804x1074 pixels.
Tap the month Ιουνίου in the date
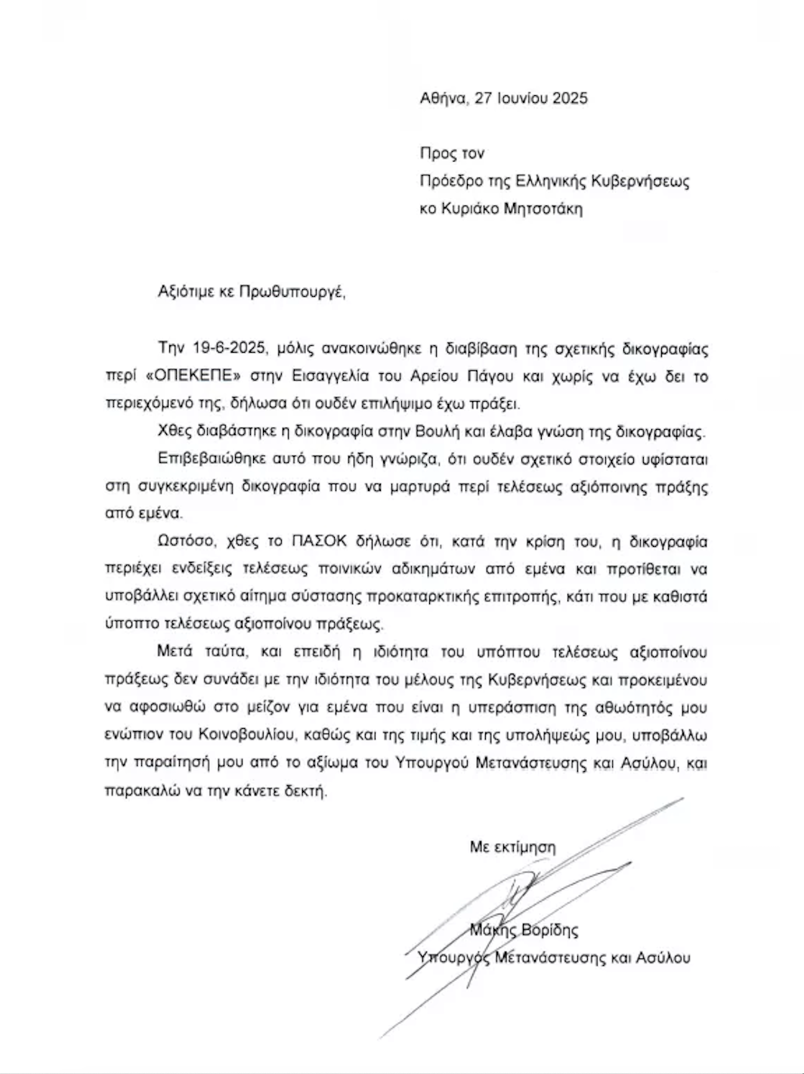(x=521, y=98)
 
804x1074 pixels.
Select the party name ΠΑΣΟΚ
(x=312, y=542)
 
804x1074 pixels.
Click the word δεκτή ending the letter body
(x=308, y=792)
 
